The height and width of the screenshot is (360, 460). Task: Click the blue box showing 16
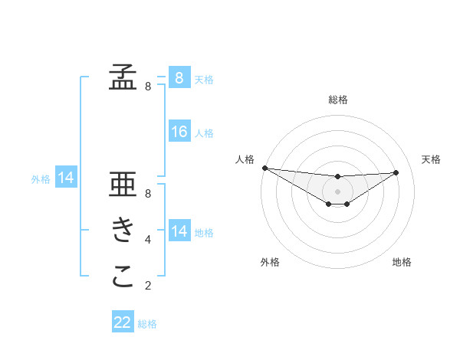point(179,132)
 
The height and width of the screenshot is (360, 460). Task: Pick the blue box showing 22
point(123,322)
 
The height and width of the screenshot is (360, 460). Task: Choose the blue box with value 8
point(179,78)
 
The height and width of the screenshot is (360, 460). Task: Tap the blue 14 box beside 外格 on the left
point(66,178)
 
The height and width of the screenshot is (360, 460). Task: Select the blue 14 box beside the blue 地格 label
point(179,231)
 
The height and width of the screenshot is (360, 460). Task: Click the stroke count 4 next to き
point(148,240)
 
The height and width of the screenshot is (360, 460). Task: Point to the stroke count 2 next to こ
point(148,286)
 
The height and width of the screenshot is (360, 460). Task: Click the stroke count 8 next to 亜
point(148,194)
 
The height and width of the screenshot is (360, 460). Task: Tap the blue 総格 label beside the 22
point(147,324)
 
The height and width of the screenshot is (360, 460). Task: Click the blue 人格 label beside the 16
point(204,133)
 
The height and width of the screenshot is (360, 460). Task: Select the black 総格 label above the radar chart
point(337,100)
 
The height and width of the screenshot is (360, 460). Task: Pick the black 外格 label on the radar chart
point(270,262)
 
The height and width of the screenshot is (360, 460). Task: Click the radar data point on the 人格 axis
point(264,168)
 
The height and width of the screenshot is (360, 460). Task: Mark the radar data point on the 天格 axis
point(396,172)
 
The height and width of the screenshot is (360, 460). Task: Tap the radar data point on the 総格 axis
point(337,177)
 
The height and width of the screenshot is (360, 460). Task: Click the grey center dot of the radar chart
point(337,191)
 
